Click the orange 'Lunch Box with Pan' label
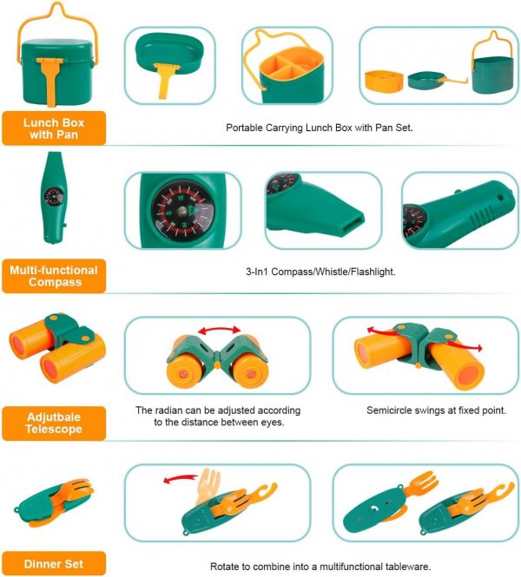(54, 127)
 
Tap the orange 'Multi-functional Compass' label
(54, 276)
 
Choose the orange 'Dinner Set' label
(54, 562)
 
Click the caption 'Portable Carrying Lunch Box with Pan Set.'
(319, 128)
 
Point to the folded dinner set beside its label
(54, 505)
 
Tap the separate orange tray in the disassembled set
(384, 82)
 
